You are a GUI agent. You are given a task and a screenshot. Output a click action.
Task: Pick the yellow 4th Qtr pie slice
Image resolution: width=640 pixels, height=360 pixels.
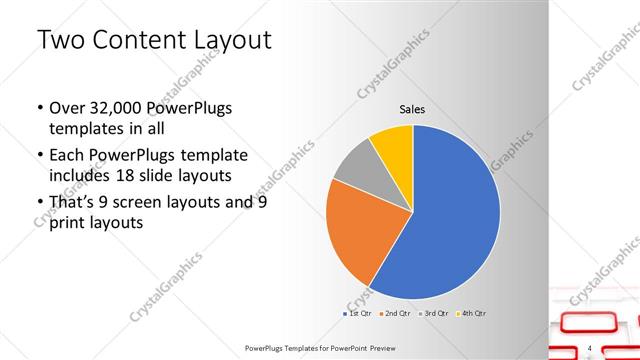tap(393, 145)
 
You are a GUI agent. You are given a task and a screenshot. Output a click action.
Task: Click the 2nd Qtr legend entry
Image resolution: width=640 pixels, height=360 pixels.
tap(397, 314)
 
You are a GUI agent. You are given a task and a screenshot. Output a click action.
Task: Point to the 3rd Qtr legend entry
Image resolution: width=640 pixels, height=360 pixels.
tap(434, 314)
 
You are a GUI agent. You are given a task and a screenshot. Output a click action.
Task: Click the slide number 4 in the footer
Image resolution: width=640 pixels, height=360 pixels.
tap(591, 347)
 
